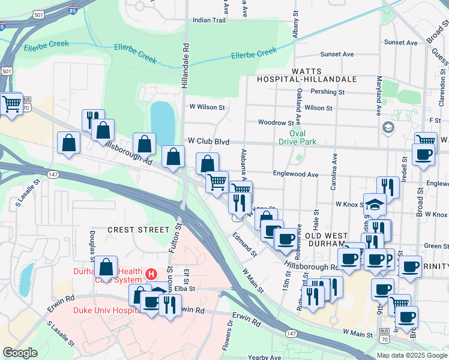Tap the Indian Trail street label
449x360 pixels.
208,20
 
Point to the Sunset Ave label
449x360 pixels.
337,54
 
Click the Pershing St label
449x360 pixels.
328,92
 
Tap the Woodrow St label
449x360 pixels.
276,122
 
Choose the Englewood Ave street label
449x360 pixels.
296,174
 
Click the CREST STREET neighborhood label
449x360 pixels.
139,230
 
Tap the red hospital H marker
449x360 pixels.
151,274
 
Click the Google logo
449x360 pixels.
20,353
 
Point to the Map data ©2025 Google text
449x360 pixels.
412,355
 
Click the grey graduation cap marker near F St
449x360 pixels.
388,127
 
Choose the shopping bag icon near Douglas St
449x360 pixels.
106,268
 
